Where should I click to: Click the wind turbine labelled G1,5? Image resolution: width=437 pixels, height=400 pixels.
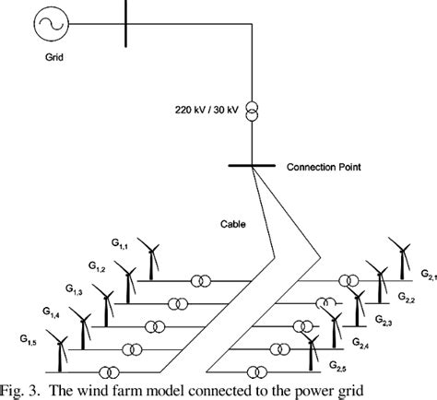coord(60,352)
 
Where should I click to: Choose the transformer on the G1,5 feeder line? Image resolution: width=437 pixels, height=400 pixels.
coord(111,372)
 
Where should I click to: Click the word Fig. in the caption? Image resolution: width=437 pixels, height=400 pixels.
coord(15,388)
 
